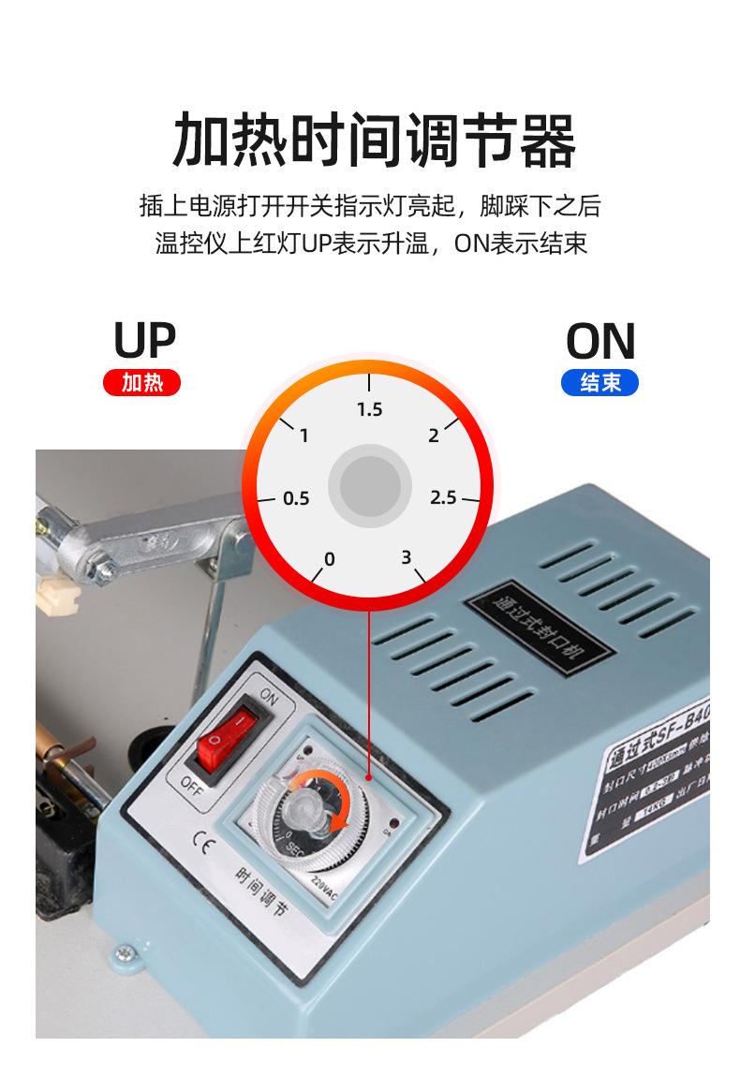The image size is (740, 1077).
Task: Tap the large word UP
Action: pos(144,341)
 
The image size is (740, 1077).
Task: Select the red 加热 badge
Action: pos(141,382)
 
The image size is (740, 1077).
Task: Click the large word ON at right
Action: pos(600,342)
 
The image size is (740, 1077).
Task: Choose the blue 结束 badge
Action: pos(599,382)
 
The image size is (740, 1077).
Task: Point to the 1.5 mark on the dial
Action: pos(370,409)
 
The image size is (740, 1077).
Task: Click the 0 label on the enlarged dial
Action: pos(329,559)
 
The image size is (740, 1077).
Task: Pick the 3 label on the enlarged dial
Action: pos(406,557)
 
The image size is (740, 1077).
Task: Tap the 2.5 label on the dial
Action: pos(443,497)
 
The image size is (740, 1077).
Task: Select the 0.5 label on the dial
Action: pos(296,498)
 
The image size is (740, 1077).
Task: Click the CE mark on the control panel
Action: pos(200,835)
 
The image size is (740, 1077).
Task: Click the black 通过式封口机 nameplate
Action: pos(537,620)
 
